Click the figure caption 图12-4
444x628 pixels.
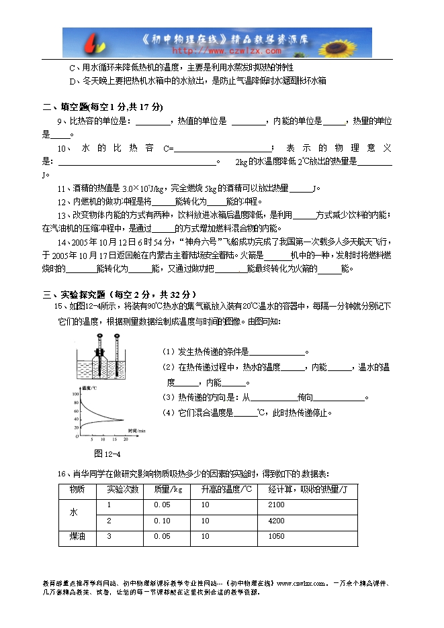[x=107, y=452]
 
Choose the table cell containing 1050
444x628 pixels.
[x=276, y=536]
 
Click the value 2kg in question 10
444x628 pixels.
[x=242, y=162]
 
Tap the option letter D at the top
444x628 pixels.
[x=73, y=81]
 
